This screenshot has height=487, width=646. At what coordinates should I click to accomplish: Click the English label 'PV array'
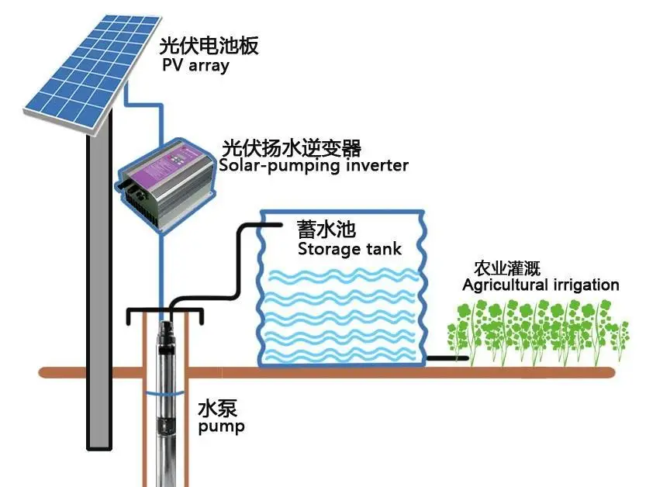[x=195, y=65]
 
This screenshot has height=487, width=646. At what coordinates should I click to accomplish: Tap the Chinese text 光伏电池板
[x=209, y=45]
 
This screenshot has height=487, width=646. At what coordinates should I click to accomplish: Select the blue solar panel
[x=92, y=74]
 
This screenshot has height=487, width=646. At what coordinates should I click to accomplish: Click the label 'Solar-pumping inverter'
[x=313, y=166]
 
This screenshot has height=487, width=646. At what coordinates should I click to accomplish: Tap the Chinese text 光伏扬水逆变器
[x=292, y=147]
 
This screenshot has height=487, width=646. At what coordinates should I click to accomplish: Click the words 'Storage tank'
[x=349, y=249]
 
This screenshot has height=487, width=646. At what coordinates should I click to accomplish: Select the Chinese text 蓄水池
[x=326, y=229]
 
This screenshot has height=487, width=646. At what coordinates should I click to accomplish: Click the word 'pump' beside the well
[x=221, y=427]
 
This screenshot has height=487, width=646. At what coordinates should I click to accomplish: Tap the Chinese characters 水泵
[x=217, y=409]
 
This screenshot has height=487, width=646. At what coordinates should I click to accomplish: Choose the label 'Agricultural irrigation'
[x=541, y=285]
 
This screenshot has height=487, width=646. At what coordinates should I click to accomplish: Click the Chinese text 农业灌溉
[x=506, y=268]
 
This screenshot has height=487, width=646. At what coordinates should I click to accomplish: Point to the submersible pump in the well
[x=167, y=404]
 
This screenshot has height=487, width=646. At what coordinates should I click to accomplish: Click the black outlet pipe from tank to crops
[x=447, y=358]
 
